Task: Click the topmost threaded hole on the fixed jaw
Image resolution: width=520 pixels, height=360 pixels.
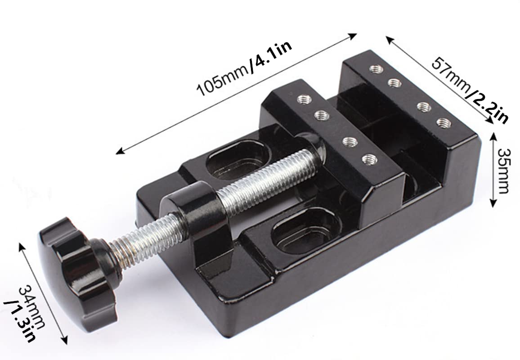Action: tap(376, 69)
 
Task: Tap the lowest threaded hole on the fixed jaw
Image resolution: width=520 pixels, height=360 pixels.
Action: tap(444, 122)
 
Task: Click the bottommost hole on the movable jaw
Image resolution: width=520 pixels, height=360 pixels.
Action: tap(369, 158)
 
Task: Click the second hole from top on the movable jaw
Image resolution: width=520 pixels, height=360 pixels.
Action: tap(321, 115)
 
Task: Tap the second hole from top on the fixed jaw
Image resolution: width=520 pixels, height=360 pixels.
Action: tap(394, 83)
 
